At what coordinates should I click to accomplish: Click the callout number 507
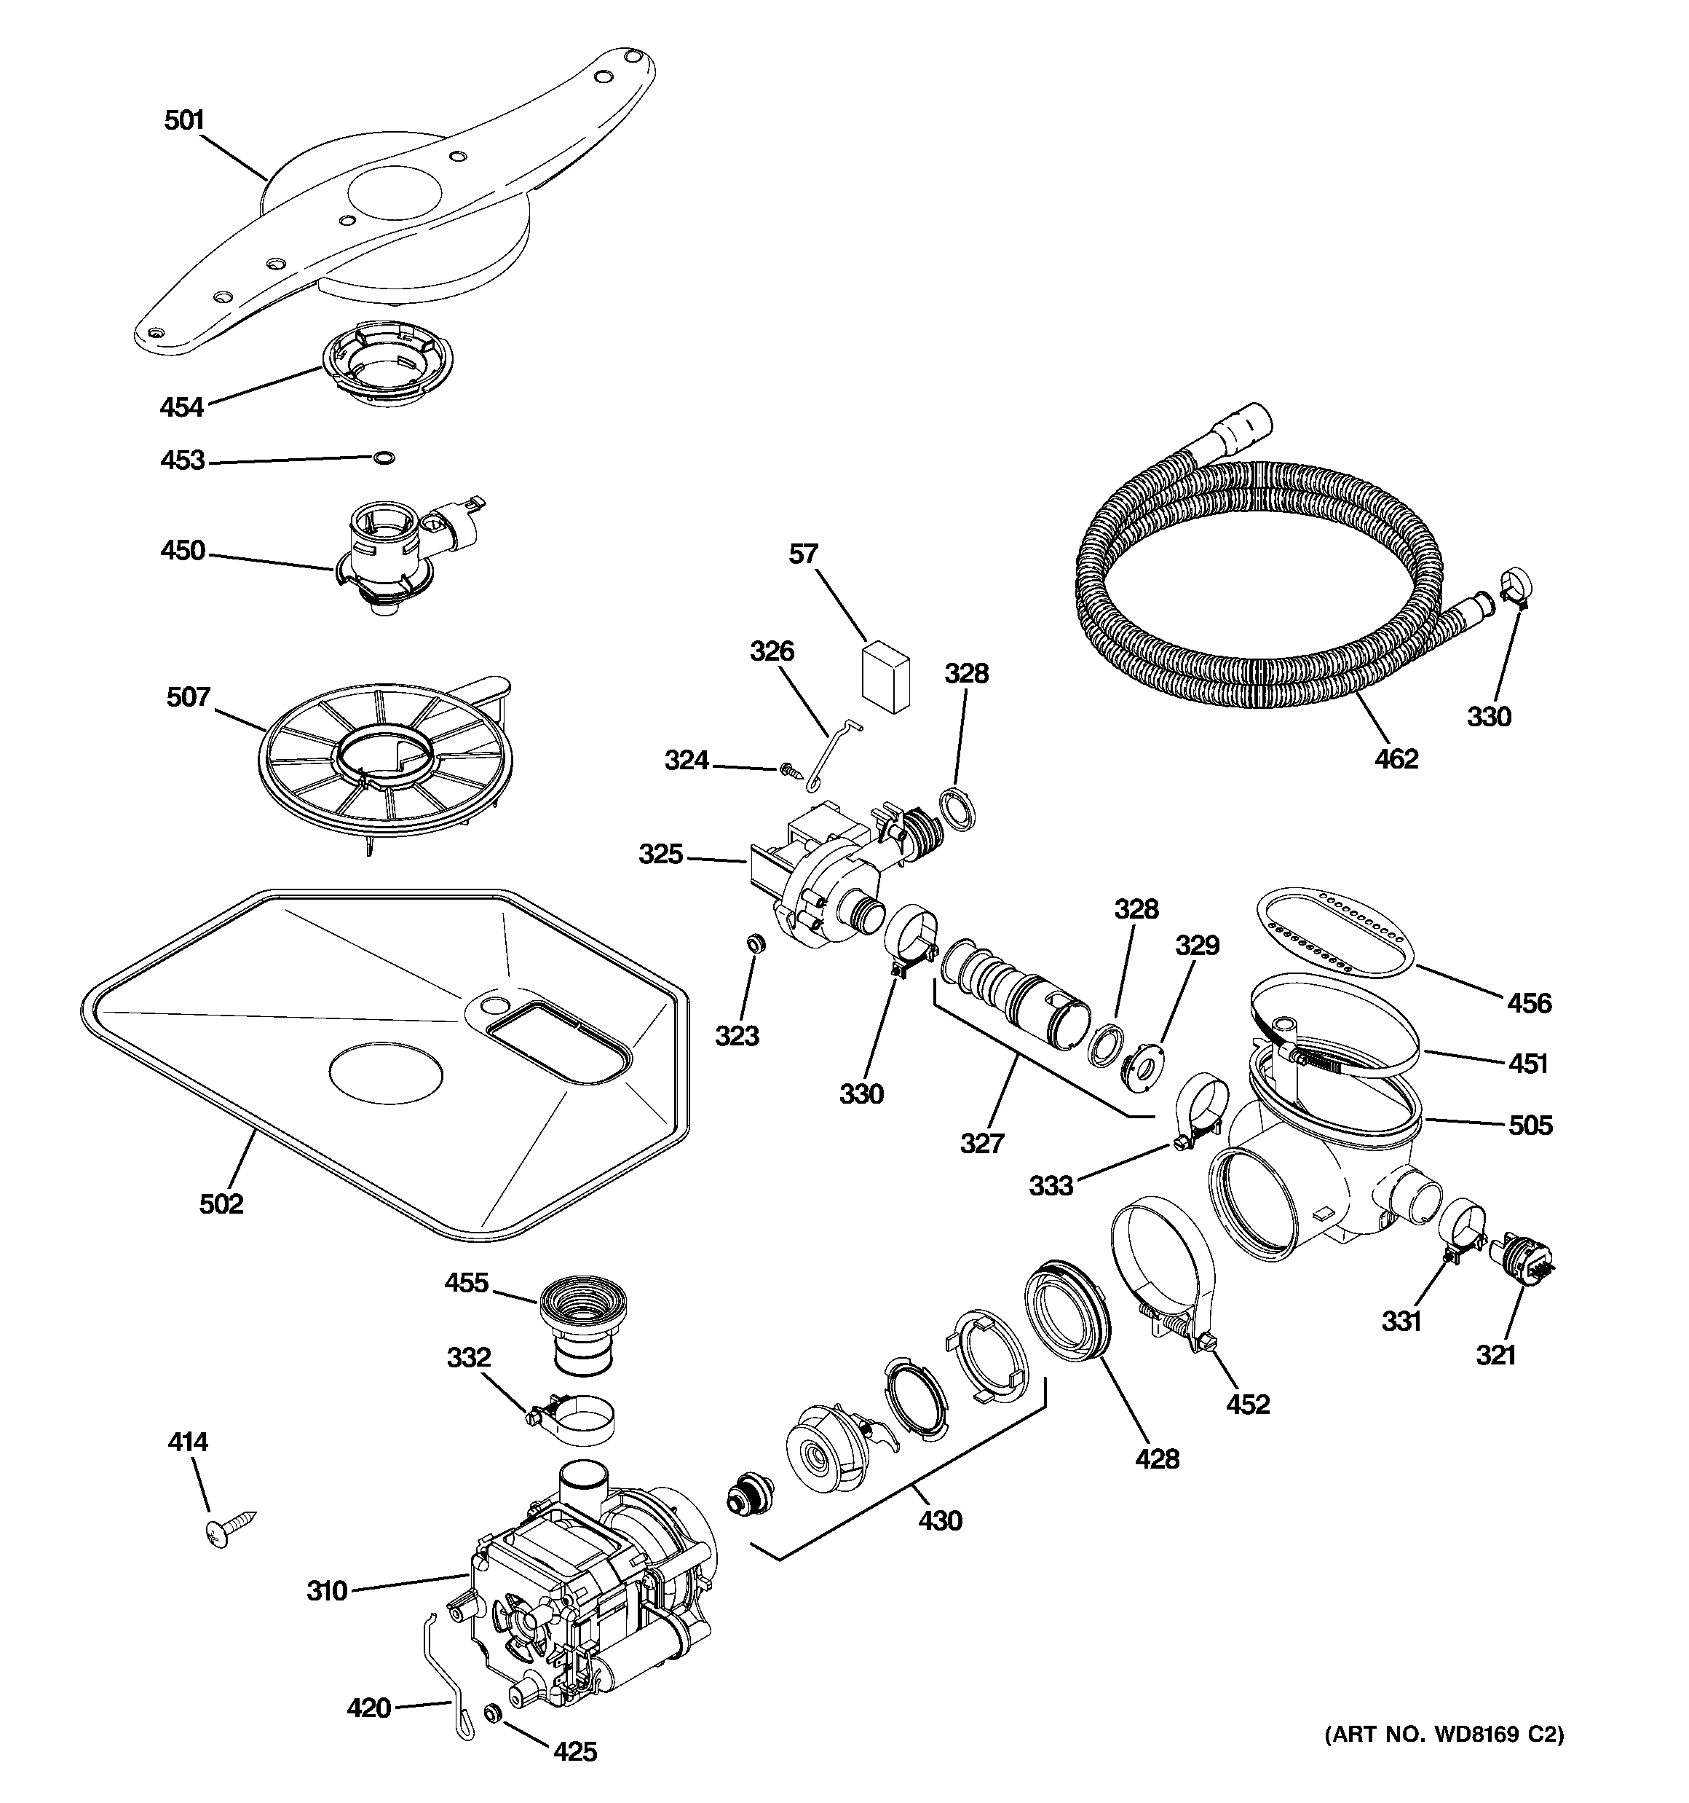tap(189, 696)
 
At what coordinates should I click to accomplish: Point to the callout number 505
tap(1530, 1126)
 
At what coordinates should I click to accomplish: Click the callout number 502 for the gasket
tap(221, 1203)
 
